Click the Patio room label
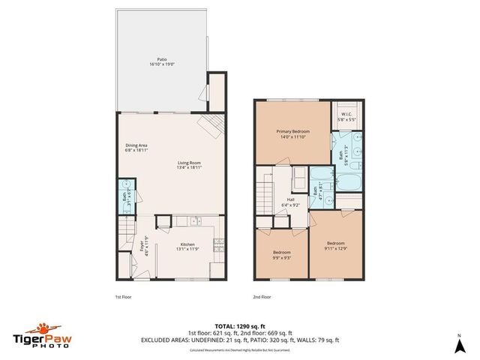coord(161,61)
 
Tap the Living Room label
coord(189,165)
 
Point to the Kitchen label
coord(187,247)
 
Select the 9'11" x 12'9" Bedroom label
coord(335,245)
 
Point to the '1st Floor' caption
coord(124,297)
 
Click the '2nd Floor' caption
coord(262,297)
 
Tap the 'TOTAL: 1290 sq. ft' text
coord(239,325)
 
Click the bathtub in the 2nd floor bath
coord(347,182)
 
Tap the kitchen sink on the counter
coord(194,222)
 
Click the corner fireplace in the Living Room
coord(208,124)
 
